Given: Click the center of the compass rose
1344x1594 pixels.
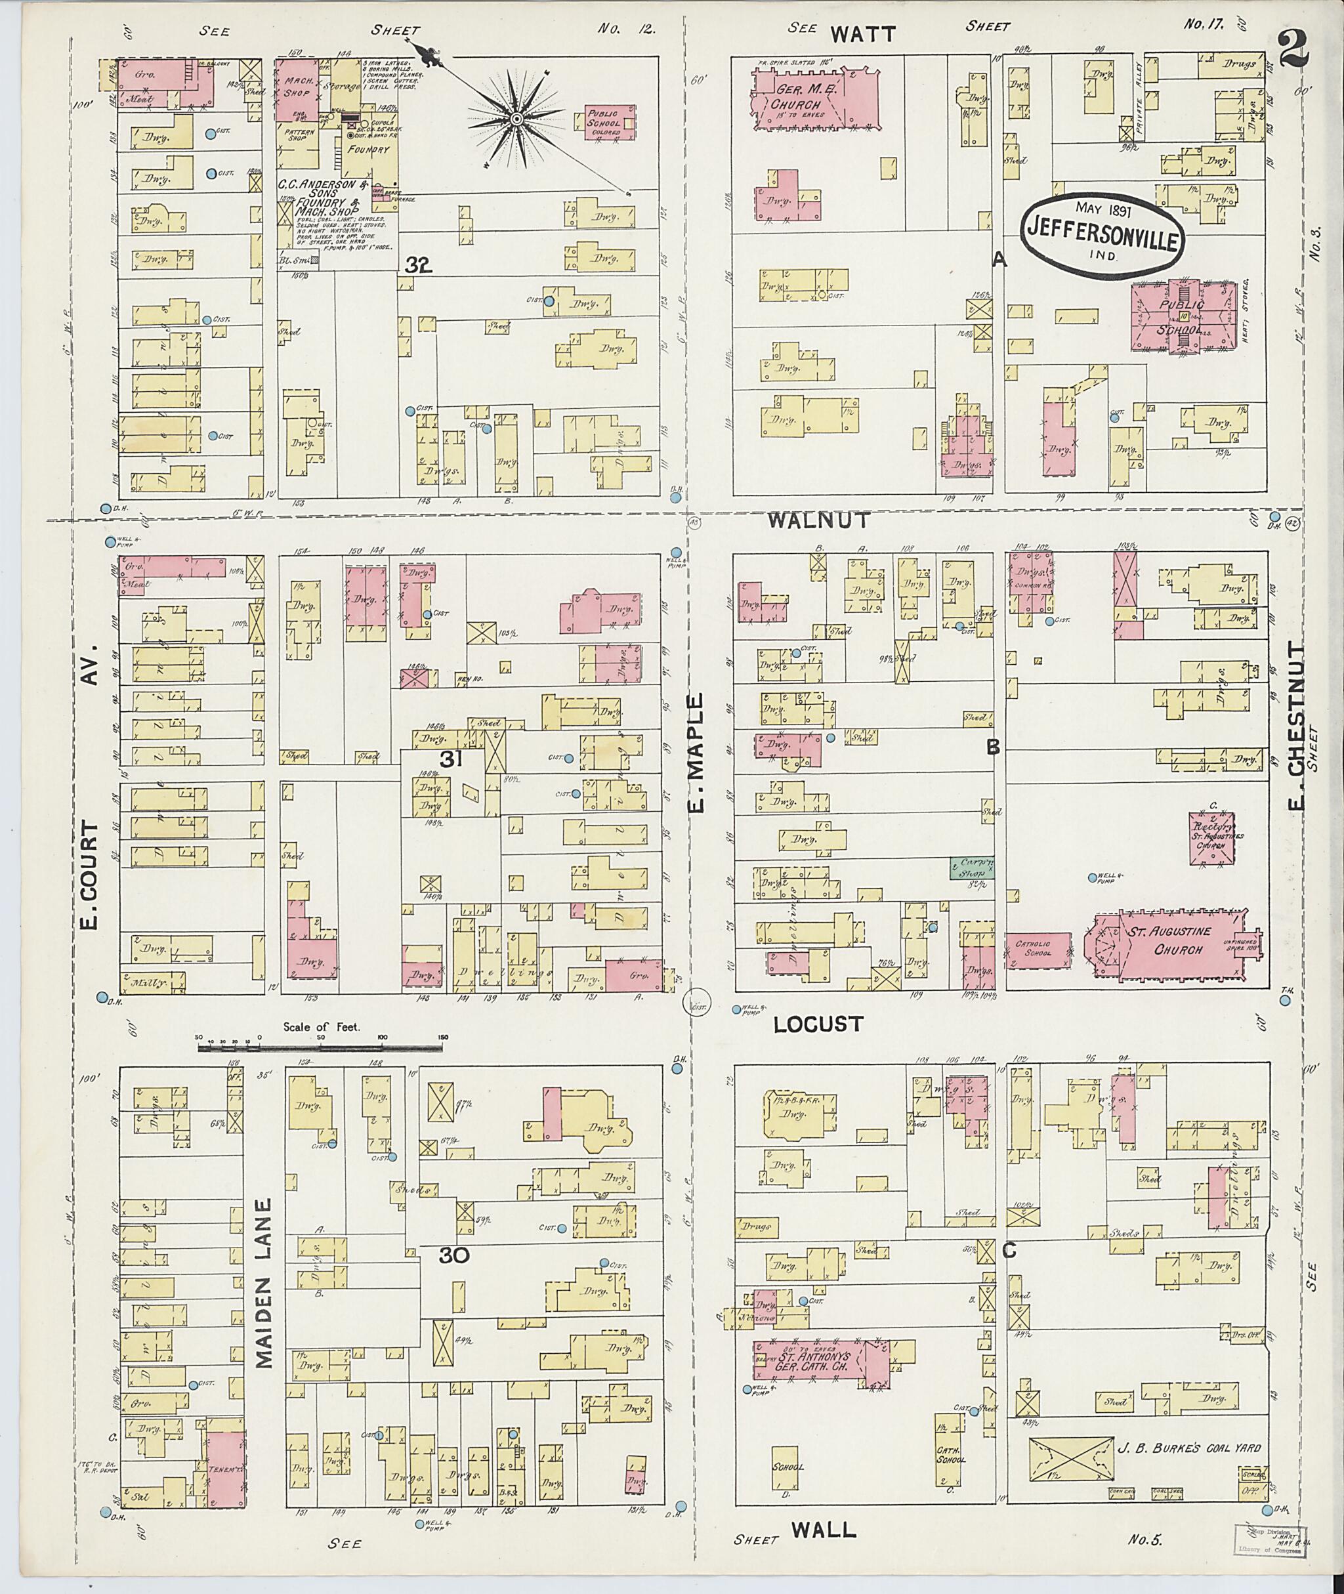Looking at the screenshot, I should click(516, 119).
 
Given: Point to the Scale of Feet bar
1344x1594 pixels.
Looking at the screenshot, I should click(321, 1049).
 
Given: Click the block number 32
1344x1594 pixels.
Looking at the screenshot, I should click(420, 265).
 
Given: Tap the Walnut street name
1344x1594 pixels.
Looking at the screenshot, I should click(818, 520).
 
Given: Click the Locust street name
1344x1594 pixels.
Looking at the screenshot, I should click(818, 1024).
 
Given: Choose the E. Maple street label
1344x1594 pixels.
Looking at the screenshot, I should click(699, 753).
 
